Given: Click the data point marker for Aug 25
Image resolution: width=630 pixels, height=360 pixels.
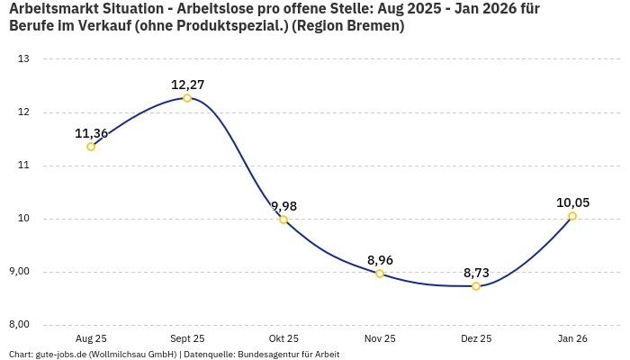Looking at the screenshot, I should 91,147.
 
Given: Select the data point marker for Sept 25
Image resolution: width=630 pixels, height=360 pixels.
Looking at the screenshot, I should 187,98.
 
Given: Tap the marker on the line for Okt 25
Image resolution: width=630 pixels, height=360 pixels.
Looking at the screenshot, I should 283,220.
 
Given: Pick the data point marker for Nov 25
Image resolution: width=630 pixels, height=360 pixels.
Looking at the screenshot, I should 380,274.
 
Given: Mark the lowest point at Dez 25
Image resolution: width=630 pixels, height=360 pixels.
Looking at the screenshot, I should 476,286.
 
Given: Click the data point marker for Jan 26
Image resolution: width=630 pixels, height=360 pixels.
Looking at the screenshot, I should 572,216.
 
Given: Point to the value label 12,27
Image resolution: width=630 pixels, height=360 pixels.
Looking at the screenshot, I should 187,85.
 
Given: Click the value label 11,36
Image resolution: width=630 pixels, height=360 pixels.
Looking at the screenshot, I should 91,133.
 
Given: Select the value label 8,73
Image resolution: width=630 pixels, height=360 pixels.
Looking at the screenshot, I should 476,273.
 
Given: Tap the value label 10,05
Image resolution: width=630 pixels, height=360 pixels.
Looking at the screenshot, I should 572,202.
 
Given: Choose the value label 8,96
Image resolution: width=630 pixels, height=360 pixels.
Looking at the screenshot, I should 380,260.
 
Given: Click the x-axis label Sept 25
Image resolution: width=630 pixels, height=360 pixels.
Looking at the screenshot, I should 187,338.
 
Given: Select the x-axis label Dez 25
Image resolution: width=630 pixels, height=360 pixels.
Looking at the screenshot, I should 476,338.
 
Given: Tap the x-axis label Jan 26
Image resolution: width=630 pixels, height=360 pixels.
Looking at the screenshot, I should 572,338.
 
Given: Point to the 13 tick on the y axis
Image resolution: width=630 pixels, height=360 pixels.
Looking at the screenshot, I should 23,59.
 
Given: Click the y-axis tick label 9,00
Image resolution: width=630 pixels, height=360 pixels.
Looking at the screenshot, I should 20,272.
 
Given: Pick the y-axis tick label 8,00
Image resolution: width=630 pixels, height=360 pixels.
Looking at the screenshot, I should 20,325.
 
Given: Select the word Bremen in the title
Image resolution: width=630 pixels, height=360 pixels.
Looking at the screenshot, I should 375,26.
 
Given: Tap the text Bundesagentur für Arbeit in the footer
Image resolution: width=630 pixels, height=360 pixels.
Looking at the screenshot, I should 288,355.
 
